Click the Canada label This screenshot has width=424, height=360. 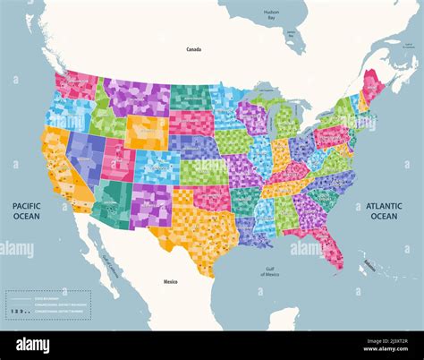pos(192,49)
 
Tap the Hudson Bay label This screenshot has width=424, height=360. pos(271,13)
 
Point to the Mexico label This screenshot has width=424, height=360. pos(170,281)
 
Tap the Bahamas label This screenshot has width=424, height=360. pos(368,263)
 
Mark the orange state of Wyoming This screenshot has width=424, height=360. pos(147,132)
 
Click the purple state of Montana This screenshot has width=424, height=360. pos(135,97)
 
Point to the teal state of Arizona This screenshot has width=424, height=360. pos(114,202)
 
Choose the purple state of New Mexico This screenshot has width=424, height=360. pos(150,204)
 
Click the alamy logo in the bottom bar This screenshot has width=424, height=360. pos(34,345)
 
